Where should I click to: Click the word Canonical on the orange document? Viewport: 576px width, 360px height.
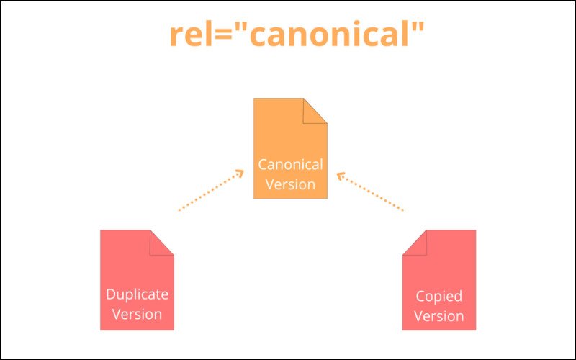click(x=291, y=164)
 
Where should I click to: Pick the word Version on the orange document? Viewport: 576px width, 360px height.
click(x=291, y=184)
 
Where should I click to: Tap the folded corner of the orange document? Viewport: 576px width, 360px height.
click(x=316, y=109)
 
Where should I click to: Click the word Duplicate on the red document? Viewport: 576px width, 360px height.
click(x=137, y=294)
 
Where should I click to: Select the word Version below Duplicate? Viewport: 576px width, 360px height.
click(x=137, y=314)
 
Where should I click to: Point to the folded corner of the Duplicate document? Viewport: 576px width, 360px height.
click(x=162, y=241)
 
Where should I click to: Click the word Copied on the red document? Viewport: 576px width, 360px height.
click(x=439, y=296)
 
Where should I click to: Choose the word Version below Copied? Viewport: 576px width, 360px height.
click(x=439, y=316)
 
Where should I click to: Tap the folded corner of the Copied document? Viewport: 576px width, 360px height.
click(x=414, y=241)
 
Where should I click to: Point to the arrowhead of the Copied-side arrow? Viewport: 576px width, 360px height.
click(x=341, y=174)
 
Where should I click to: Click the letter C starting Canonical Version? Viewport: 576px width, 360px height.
click(x=263, y=164)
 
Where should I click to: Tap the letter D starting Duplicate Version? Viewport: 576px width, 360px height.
click(x=110, y=294)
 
